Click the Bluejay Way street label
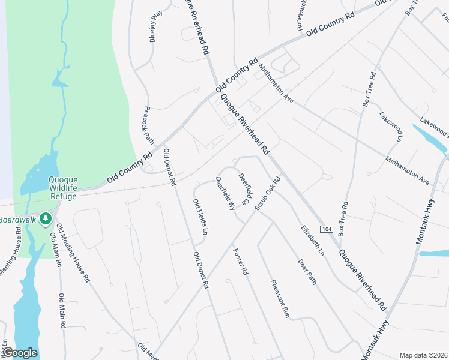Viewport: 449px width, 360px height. coord(155,26)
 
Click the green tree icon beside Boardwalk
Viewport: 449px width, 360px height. coord(44,219)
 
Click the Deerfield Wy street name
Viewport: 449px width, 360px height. coord(225,193)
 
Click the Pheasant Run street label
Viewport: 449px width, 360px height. coord(280,299)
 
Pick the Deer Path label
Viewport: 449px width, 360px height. coord(307,271)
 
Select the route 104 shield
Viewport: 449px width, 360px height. coord(326,230)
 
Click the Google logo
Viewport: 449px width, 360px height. coord(20,353)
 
